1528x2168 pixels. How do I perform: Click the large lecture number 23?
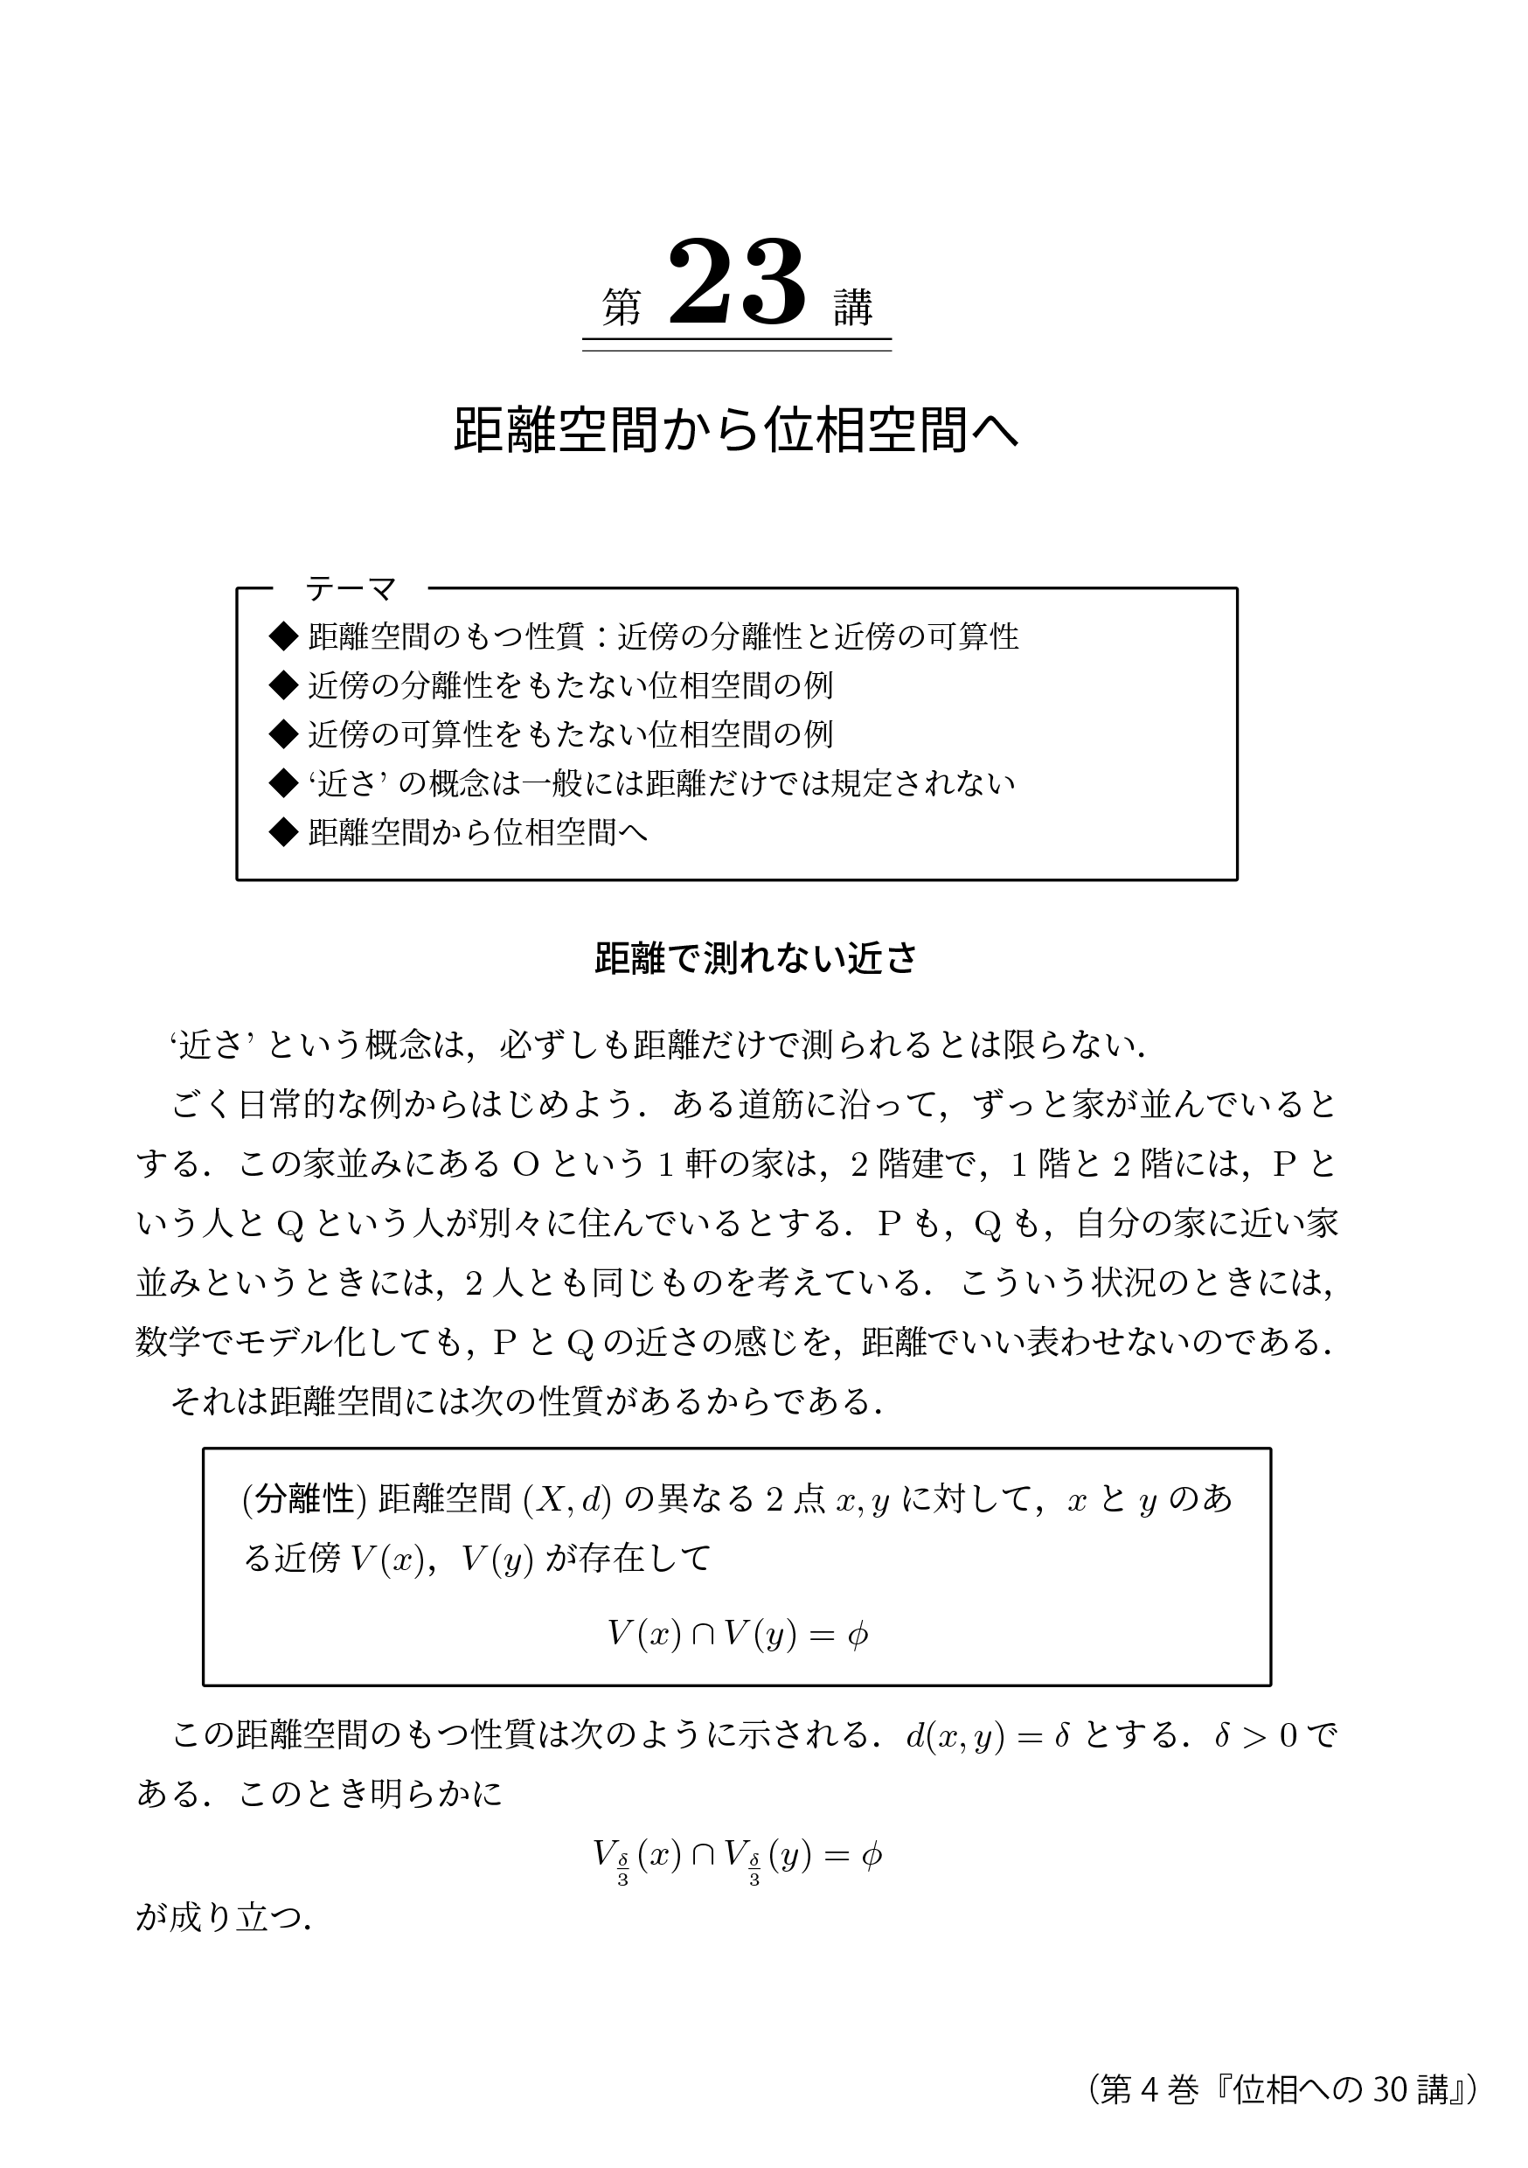[737, 283]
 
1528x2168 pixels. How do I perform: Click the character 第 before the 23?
[622, 308]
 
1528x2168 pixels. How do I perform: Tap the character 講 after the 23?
[853, 308]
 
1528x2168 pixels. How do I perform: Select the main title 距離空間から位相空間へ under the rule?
[736, 431]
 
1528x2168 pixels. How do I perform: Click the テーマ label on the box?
[351, 589]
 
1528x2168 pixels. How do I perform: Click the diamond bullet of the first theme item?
[283, 636]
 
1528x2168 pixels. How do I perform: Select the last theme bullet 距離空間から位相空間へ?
[478, 832]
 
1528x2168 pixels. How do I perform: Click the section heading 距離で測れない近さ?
[755, 958]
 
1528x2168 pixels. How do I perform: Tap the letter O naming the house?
[525, 1165]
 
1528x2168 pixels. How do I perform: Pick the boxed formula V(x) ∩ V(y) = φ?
[737, 1635]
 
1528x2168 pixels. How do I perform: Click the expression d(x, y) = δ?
[987, 1736]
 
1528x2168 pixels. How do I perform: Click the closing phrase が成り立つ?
[223, 1919]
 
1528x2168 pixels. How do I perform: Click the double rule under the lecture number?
[737, 344]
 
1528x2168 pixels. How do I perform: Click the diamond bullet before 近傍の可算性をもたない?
[283, 733]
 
